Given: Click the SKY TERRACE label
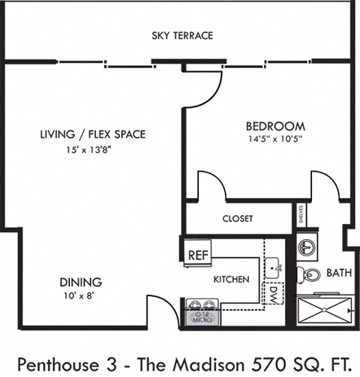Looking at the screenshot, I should point(181,35).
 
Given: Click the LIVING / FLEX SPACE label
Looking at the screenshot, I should point(92,135).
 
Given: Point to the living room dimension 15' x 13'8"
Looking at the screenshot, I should point(92,149).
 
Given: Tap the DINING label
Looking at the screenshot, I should point(81,283).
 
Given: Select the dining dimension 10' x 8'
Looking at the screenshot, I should point(81,296).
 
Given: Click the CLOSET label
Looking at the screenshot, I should point(238,219).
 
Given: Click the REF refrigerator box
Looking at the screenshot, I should point(197,255).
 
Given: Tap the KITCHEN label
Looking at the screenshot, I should point(231,280).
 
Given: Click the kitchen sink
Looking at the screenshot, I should point(274,265).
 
